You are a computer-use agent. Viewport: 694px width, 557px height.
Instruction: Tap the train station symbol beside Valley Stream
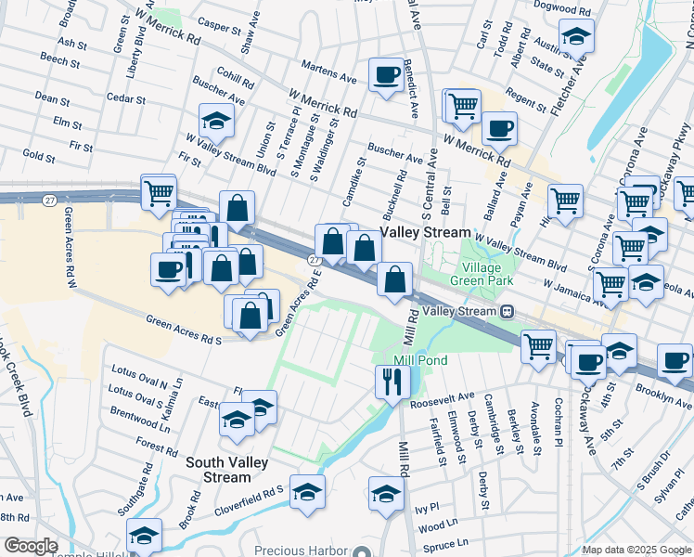[x=508, y=312]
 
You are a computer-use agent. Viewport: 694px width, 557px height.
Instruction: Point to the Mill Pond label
[x=420, y=360]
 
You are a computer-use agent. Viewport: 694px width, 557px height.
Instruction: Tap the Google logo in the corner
[x=31, y=546]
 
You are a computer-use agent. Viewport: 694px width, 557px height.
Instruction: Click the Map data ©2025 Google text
[x=636, y=550]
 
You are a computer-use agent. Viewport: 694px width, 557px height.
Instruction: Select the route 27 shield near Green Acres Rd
[x=315, y=262]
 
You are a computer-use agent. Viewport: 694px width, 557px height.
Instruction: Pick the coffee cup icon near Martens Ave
[x=385, y=74]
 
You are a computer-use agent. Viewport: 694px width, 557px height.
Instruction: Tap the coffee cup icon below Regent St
[x=499, y=128]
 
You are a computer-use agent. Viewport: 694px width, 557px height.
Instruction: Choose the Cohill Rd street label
[x=236, y=80]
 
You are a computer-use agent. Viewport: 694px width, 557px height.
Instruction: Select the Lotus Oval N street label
[x=139, y=383]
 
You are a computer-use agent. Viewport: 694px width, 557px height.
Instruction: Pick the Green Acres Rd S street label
[x=184, y=329]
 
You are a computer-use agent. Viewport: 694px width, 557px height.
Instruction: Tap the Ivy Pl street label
[x=426, y=509]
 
